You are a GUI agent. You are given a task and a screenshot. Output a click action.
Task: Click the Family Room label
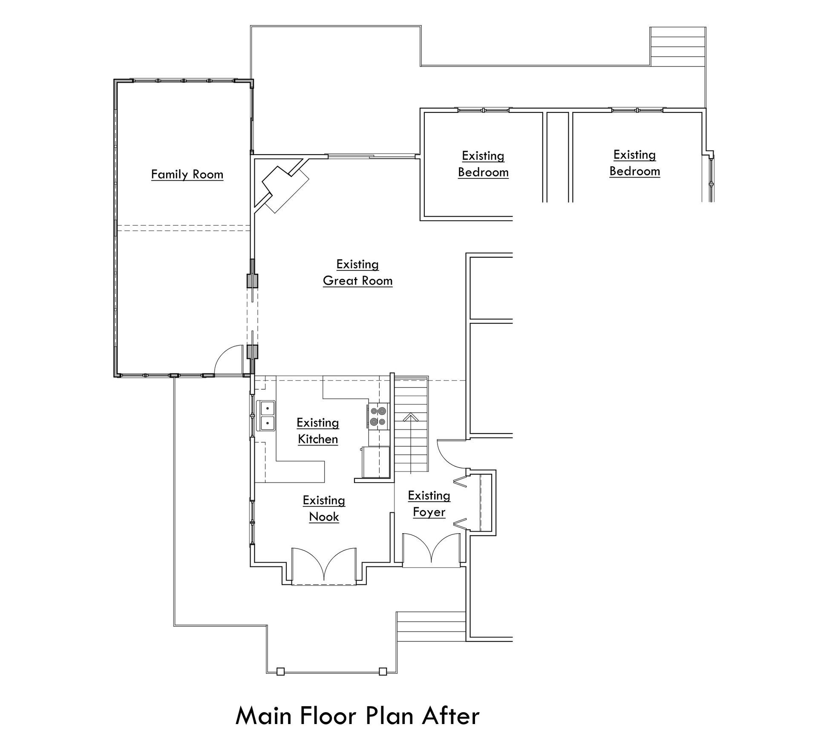187,174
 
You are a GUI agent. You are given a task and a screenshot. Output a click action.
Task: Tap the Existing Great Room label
357,273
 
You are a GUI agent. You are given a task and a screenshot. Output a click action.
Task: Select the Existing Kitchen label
318,431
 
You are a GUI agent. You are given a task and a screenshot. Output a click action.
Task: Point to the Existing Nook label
324,508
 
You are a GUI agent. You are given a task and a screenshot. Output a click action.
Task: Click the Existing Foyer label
429,503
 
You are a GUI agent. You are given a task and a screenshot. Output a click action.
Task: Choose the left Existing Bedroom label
483,164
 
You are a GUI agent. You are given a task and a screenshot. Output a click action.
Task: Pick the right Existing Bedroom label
634,163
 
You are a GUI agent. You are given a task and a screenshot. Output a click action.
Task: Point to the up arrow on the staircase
410,417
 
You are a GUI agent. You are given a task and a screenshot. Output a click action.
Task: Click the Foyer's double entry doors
432,549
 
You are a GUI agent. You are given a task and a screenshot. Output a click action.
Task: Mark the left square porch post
280,671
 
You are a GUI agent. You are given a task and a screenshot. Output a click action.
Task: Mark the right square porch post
383,671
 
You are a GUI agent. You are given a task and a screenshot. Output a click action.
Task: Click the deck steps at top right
677,47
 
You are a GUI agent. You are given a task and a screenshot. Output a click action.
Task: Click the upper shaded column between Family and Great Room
253,281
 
